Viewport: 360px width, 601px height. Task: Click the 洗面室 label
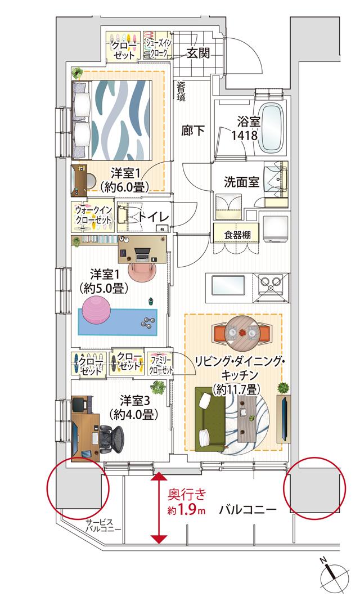point(241,182)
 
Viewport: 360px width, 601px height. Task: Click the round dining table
point(241,334)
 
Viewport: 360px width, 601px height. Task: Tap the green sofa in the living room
point(209,416)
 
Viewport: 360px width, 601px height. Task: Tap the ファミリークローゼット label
point(160,364)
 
